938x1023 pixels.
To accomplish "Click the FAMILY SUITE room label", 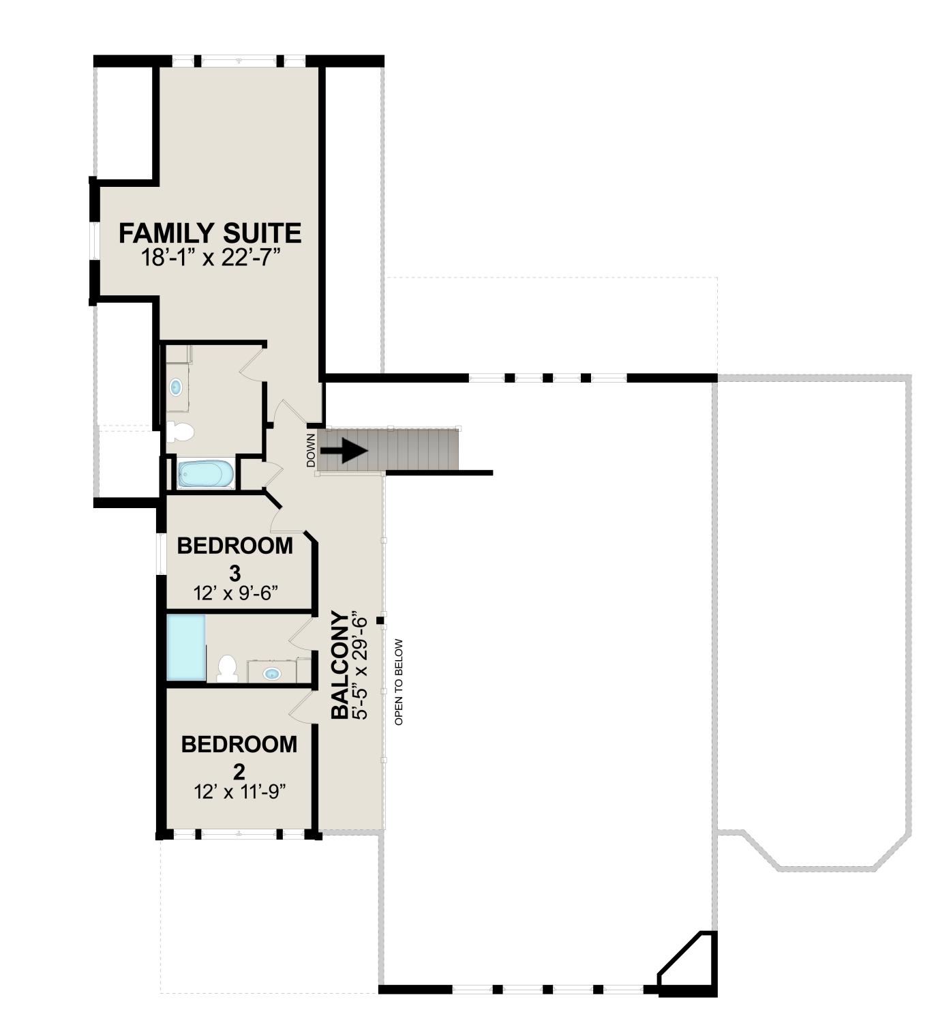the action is coord(210,233).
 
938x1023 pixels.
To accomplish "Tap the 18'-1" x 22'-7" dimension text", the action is coord(211,258).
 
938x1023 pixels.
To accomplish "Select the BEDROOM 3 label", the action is coord(234,559).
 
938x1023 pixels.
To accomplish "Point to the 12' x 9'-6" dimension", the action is coord(235,593).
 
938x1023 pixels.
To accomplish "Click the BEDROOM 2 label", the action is coord(239,758).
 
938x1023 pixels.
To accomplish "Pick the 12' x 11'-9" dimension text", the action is coord(239,792).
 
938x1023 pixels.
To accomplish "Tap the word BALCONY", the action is coord(339,664).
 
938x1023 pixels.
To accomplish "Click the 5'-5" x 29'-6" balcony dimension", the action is coord(360,664).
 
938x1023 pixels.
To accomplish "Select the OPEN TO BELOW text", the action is coord(399,682).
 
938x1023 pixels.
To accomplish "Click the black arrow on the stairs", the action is coord(351,451).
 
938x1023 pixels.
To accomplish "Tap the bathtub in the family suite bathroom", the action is coord(205,474).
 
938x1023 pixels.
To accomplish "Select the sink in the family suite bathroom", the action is coord(176,387).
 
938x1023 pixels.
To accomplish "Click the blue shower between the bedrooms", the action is coord(186,647).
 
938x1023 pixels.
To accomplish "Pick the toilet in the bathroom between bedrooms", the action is coord(228,668).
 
